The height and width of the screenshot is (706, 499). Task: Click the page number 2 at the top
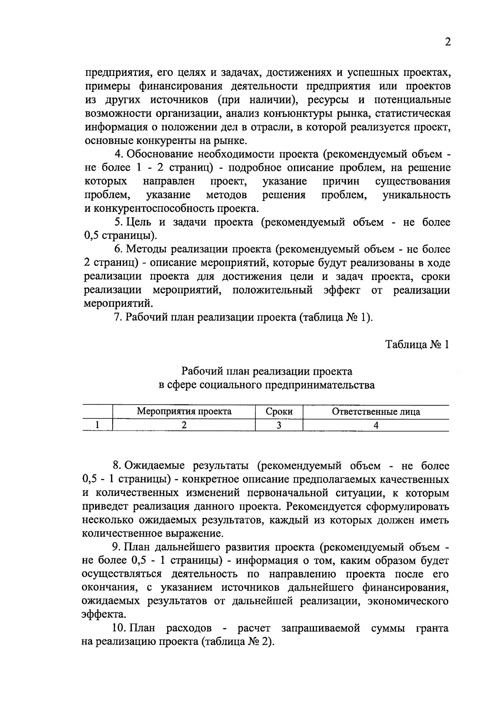[447, 42]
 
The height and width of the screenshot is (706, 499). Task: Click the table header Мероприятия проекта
[184, 412]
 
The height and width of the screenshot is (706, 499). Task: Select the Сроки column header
[279, 412]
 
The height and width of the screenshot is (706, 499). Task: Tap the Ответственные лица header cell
[376, 412]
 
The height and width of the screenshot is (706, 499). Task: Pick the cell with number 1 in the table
[97, 425]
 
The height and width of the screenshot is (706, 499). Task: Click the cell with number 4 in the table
[376, 425]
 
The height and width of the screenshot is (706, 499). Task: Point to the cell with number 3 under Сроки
[279, 425]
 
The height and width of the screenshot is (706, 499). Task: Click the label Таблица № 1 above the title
[417, 344]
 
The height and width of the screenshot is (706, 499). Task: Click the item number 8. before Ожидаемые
[117, 466]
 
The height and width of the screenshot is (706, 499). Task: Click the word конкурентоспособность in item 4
[154, 208]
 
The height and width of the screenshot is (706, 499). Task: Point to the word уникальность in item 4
[416, 195]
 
